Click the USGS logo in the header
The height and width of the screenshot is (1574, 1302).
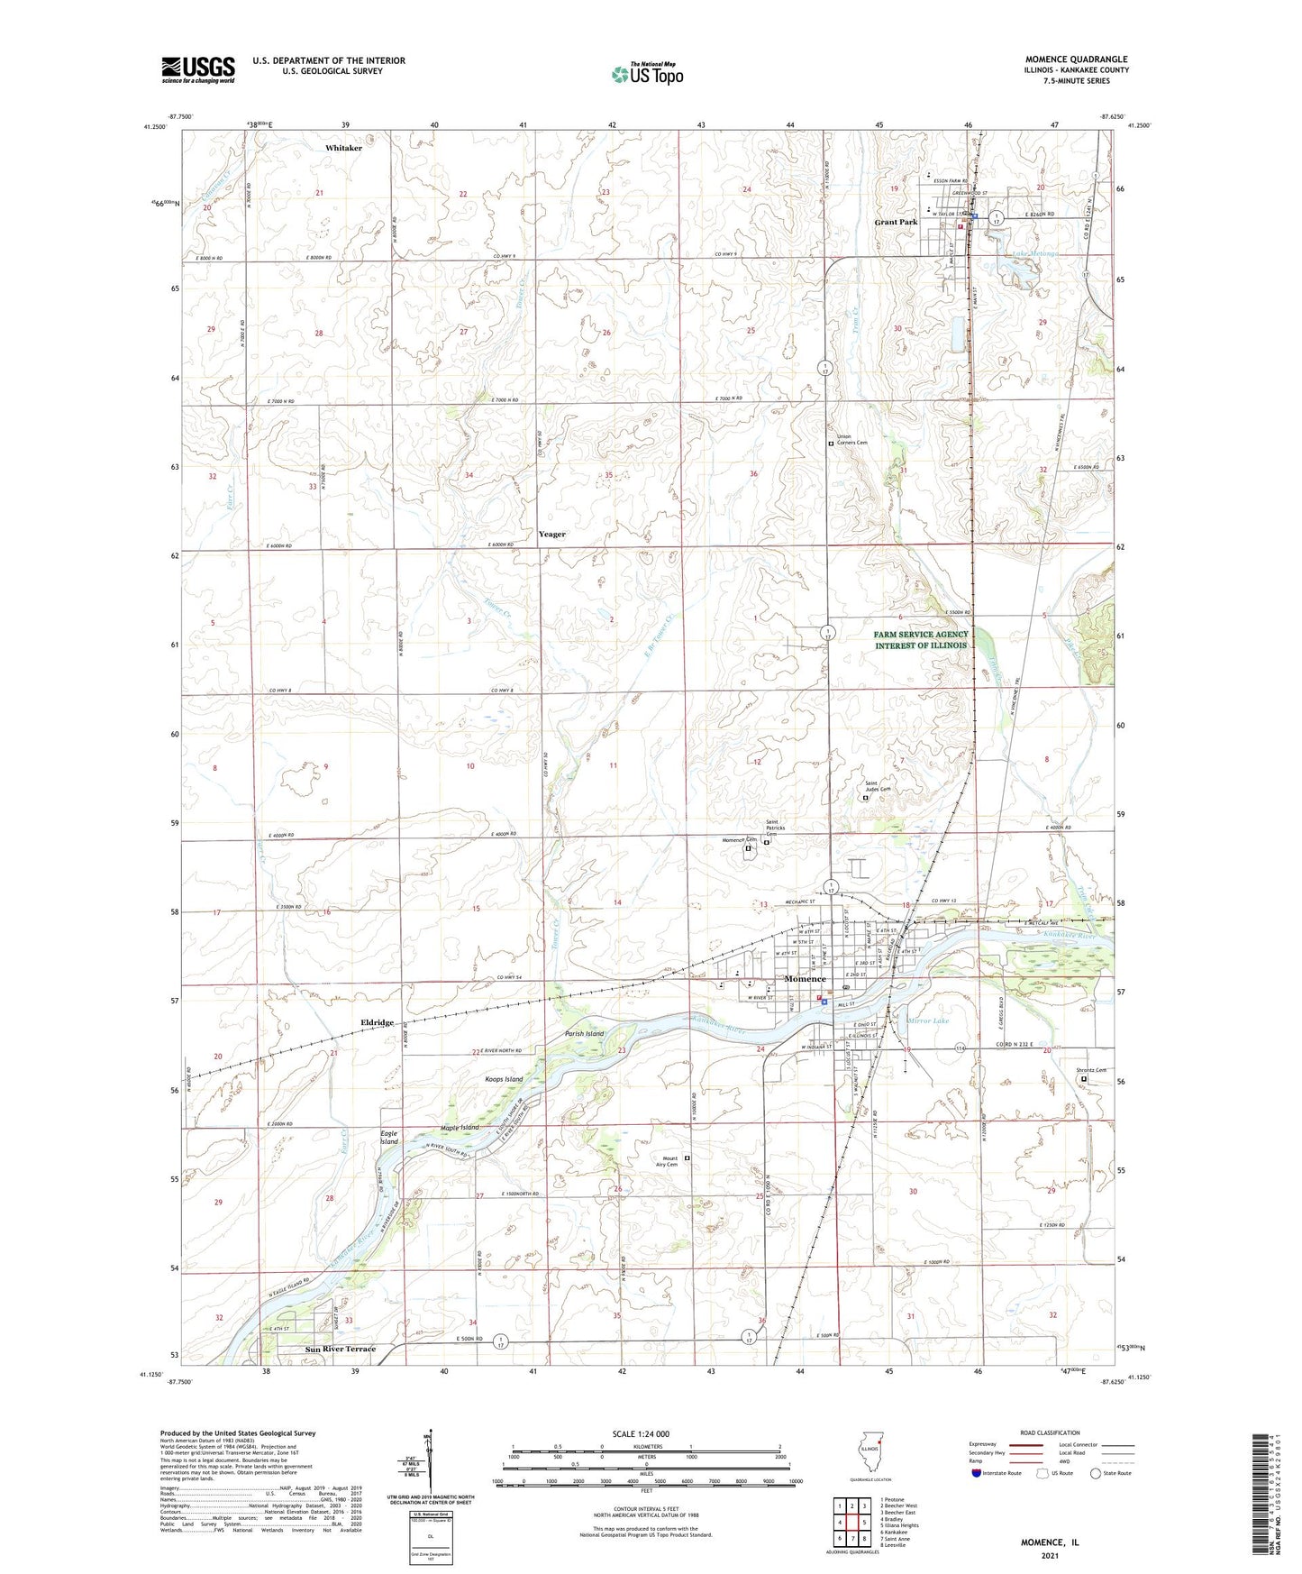pos(198,69)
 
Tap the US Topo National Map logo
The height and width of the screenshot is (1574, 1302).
pos(646,73)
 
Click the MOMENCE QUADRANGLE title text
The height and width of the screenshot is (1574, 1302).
pos(1076,59)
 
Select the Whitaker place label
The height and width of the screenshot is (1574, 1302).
pos(343,148)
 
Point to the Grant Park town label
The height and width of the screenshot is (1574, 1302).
pos(896,222)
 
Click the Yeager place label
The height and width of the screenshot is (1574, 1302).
pos(552,535)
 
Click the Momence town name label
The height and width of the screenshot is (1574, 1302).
pos(804,979)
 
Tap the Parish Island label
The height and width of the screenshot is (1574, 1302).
pos(584,1034)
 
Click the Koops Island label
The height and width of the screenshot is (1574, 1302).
pos(503,1079)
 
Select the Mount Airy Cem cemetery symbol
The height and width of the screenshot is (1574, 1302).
pos(687,1158)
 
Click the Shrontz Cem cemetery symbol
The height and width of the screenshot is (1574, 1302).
pos(1084,1079)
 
